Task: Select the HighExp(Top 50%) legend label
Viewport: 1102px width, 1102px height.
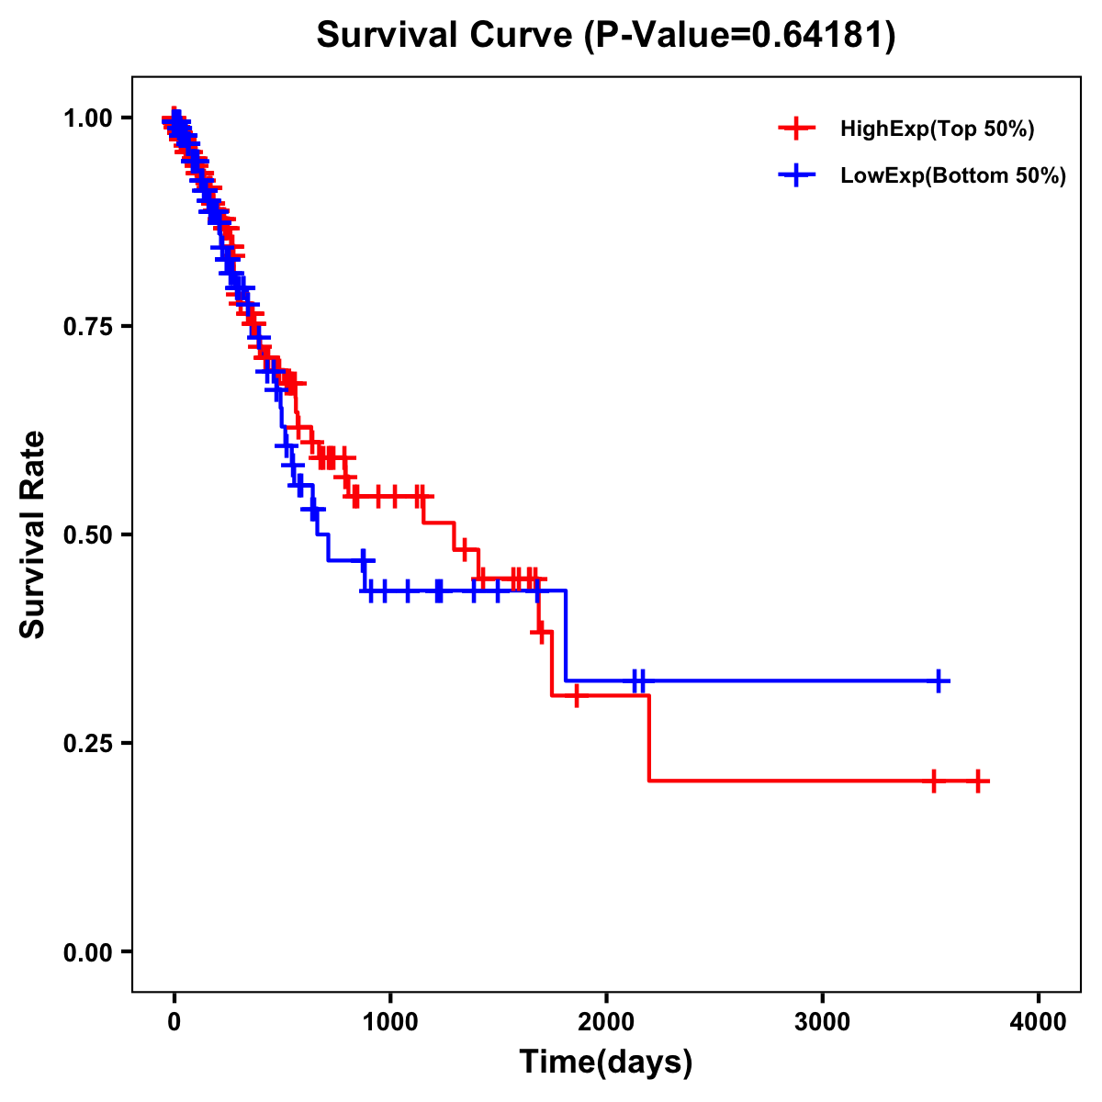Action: tap(937, 129)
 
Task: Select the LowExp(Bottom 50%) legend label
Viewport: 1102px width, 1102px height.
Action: tap(953, 176)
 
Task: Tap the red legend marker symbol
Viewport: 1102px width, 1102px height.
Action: tap(796, 129)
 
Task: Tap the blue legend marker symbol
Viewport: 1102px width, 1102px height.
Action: tap(796, 176)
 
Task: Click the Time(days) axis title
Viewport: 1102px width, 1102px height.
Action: tap(606, 1063)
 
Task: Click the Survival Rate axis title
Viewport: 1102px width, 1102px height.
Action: tap(33, 534)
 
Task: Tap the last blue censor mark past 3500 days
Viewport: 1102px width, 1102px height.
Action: tap(939, 680)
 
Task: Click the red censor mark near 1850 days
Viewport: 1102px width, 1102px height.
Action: tap(576, 696)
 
